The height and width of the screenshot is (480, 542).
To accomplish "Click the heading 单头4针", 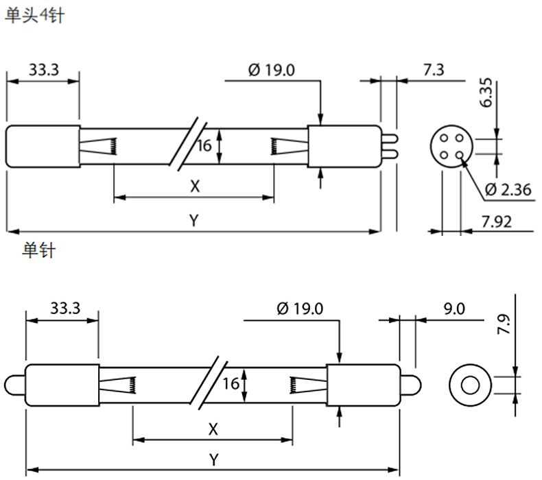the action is tap(34, 16).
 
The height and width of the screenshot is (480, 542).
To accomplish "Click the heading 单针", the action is tap(38, 250).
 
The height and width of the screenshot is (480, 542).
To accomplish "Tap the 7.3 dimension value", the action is tap(434, 70).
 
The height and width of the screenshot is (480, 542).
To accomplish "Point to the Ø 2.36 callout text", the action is tap(508, 190).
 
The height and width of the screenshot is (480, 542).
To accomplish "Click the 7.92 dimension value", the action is tap(497, 221).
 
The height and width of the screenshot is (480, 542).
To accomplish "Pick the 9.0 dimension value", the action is tap(454, 309).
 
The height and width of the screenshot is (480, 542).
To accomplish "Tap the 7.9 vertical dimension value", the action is tap(504, 324).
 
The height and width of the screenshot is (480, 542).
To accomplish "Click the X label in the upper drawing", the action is tap(195, 187).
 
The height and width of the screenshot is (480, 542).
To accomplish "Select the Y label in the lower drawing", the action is tap(214, 460).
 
